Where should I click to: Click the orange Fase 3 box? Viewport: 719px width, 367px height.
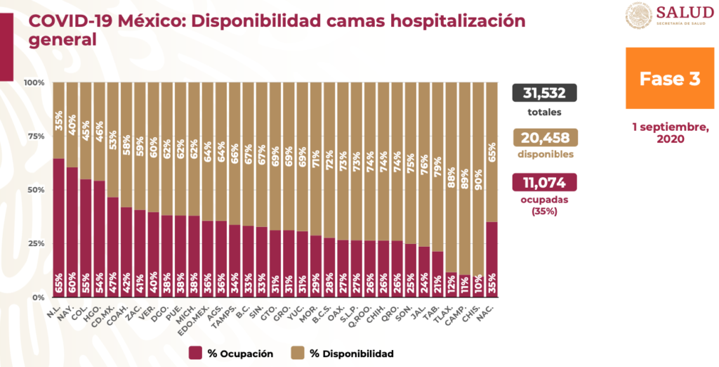(669, 78)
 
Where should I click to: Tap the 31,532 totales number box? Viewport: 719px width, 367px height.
(544, 93)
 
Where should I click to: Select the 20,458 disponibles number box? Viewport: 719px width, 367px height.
(544, 137)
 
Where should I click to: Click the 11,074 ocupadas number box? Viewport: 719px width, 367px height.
(544, 182)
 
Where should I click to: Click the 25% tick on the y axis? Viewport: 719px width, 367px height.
(36, 244)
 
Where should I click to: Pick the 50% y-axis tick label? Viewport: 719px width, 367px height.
(36, 190)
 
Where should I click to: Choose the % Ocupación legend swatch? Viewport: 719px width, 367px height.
(195, 353)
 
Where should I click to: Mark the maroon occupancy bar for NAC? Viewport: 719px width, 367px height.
(492, 259)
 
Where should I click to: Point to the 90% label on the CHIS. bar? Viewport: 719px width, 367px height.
(478, 179)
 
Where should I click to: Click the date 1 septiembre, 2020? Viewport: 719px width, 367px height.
(670, 132)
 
